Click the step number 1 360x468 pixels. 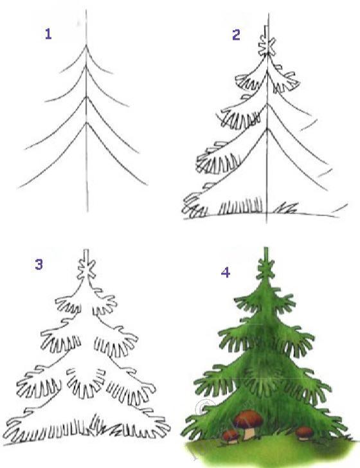(48, 33)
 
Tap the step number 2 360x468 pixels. (236, 35)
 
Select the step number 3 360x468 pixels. (39, 264)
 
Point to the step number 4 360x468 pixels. (226, 273)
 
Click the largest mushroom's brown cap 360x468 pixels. (249, 418)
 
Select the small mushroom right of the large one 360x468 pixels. (305, 433)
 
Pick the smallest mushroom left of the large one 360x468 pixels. (231, 436)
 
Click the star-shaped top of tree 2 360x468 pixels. (267, 46)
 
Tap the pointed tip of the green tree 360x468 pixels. (265, 248)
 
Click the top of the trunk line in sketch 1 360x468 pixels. (86, 10)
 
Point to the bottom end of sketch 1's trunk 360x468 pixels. (87, 211)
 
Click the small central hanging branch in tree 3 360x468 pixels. (86, 383)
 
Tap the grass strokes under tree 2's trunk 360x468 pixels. (240, 206)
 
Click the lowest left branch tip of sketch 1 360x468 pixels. (19, 188)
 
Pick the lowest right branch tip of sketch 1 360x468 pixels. (147, 184)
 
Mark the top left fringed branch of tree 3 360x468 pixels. (68, 305)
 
